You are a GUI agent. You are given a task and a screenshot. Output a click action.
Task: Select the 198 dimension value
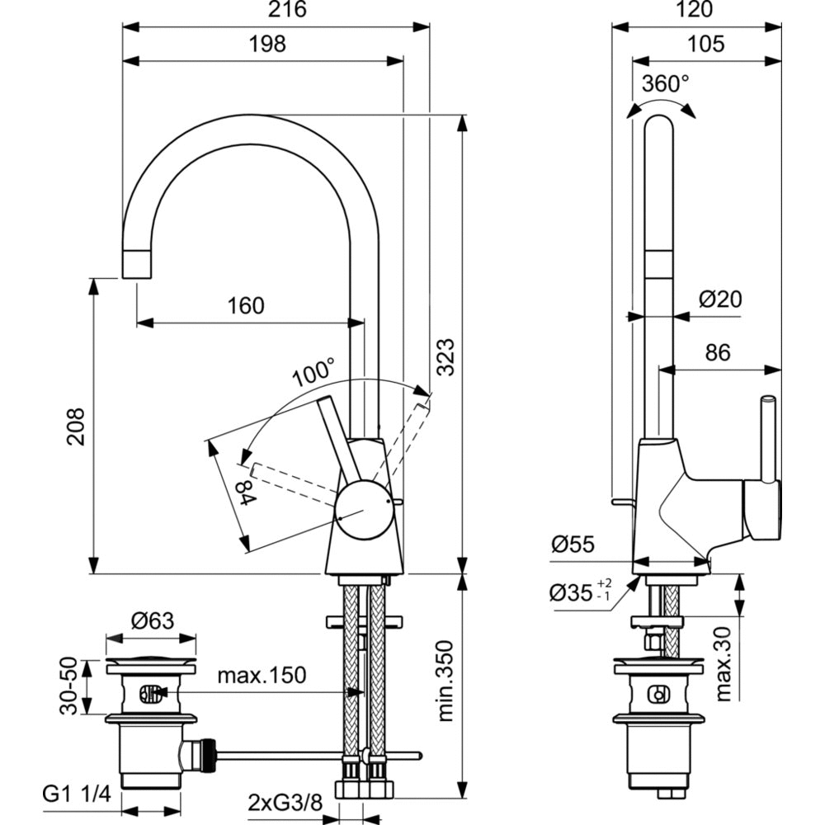pos(266,45)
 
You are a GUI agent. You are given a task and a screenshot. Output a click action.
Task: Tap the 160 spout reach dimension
pos(246,306)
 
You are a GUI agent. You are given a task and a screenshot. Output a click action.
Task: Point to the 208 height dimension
pos(76,426)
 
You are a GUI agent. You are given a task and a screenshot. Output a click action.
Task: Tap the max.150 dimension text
pos(262,676)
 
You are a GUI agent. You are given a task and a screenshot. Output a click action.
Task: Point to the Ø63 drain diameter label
pos(153,620)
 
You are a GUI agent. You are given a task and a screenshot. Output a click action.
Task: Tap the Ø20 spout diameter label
pos(720,299)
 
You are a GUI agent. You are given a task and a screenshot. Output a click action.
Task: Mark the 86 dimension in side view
pos(718,353)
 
